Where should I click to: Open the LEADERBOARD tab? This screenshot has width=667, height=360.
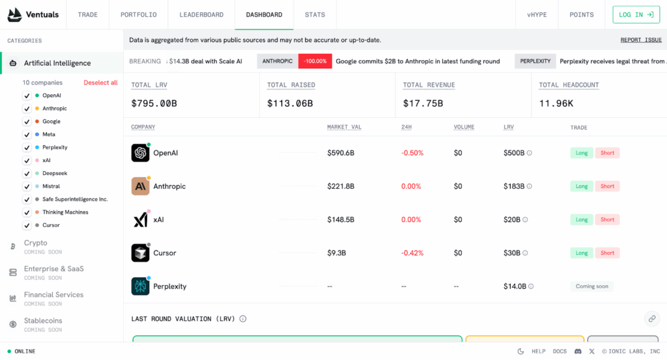[x=201, y=14]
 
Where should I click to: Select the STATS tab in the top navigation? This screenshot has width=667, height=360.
[x=315, y=14]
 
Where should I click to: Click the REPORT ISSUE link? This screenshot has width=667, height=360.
[x=640, y=40]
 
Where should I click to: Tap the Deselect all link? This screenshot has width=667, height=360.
[x=100, y=83]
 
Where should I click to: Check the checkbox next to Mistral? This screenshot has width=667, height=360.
[x=27, y=186]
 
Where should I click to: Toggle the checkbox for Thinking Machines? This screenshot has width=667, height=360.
[x=27, y=212]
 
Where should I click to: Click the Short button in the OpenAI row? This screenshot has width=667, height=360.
[x=607, y=153]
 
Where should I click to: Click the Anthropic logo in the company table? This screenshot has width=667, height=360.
[x=140, y=186]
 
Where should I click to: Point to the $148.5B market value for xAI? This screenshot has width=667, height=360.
[x=341, y=219]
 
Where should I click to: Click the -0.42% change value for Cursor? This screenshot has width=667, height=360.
[x=412, y=253]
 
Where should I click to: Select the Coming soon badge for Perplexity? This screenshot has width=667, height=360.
[x=592, y=286]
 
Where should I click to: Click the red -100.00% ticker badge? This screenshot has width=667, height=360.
[x=315, y=61]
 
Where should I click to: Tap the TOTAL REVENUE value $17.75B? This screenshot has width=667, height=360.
[x=423, y=103]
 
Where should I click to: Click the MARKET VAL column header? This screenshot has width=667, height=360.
[x=344, y=127]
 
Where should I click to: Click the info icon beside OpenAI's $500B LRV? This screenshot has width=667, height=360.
[x=529, y=153]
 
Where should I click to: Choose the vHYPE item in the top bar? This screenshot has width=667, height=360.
[x=536, y=14]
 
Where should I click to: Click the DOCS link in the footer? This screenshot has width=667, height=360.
[x=560, y=352]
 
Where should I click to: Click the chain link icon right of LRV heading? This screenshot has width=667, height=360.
[x=651, y=318]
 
